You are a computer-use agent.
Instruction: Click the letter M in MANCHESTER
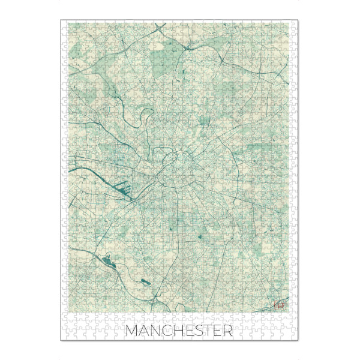tap(133, 331)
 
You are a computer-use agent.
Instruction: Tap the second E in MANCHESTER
tap(221, 331)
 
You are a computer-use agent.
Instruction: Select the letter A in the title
tap(145, 331)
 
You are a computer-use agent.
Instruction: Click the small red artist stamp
tap(278, 305)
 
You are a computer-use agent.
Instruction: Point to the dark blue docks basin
tap(126, 191)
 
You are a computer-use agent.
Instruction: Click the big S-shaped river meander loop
tap(142, 119)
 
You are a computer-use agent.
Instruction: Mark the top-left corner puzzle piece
tap(65, 25)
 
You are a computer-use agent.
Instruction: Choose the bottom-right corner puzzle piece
tap(295, 335)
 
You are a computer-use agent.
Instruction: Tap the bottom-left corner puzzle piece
tap(65, 335)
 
